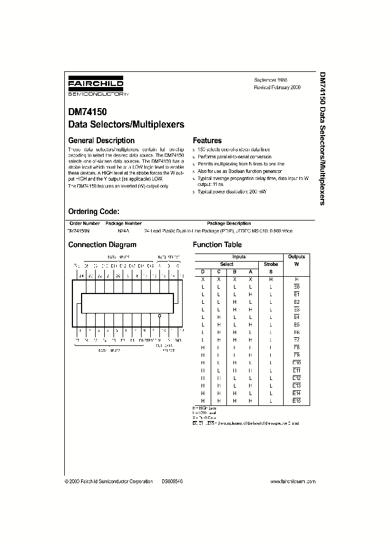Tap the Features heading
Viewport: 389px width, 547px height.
point(207,140)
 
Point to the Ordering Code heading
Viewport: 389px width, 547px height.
point(97,211)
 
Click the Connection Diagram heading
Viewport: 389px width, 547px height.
point(102,244)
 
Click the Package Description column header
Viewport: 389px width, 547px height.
point(229,223)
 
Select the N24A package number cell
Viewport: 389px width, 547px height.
point(124,231)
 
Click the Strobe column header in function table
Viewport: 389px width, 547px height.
point(271,264)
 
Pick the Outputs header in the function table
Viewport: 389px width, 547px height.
point(297,257)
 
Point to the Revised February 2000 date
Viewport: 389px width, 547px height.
point(277,87)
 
